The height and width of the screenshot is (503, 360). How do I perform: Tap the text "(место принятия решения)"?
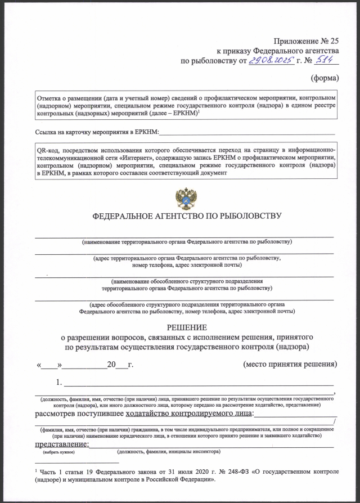290,364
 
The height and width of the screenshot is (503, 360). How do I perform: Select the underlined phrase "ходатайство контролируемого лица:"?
190,415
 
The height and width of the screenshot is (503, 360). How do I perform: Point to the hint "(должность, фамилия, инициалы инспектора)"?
169,452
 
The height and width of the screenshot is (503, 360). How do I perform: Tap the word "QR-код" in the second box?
47,151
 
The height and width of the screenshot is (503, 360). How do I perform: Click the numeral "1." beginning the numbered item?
59,384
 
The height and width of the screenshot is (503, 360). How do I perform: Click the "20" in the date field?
111,365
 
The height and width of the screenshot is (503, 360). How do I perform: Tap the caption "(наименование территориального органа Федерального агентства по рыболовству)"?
186,242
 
